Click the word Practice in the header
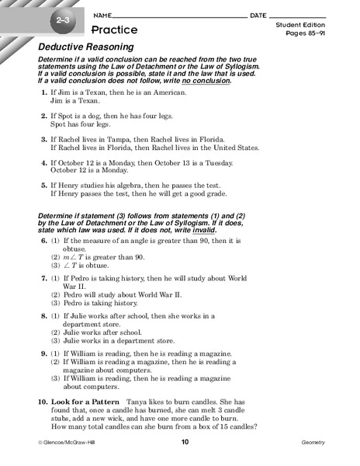pyautogui.click(x=115, y=30)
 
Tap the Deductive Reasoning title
pyautogui.click(x=85, y=47)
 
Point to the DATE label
pyautogui.click(x=258, y=16)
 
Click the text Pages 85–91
pyautogui.click(x=304, y=35)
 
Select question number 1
pyautogui.click(x=43, y=93)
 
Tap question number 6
pyautogui.click(x=43, y=242)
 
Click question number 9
pyautogui.click(x=43, y=353)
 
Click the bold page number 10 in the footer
pyautogui.click(x=185, y=443)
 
